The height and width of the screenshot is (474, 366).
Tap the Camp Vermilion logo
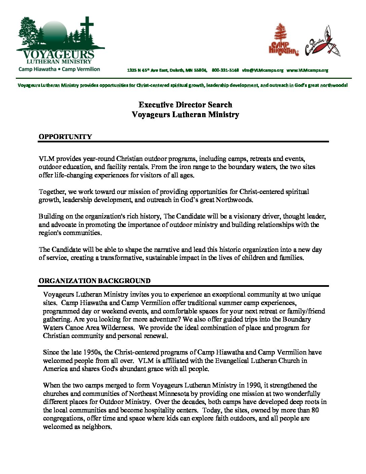click(x=323, y=42)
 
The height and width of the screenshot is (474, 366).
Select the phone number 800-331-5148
click(x=225, y=70)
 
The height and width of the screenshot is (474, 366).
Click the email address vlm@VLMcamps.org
click(x=262, y=70)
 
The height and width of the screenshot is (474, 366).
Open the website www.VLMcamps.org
click(x=307, y=70)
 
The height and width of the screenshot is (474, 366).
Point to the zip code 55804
click(x=200, y=70)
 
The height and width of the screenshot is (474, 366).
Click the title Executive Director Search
click(x=185, y=105)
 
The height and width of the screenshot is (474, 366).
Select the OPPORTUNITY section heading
click(x=65, y=137)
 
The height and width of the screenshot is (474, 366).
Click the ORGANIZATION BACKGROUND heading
click(x=95, y=281)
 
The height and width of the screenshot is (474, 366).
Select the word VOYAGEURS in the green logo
click(x=59, y=55)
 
